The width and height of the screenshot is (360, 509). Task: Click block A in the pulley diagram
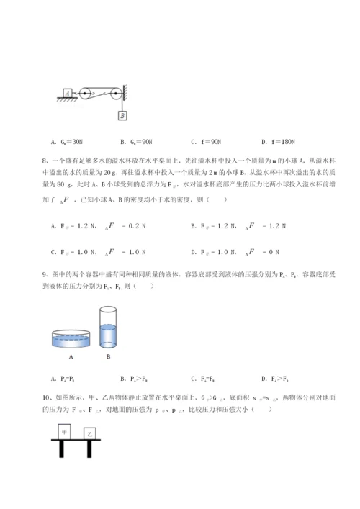pos(67,93)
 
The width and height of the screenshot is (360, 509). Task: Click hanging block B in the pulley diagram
pos(123,114)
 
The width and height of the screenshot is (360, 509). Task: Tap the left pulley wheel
pos(85,92)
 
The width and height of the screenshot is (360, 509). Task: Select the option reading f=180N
pos(275,142)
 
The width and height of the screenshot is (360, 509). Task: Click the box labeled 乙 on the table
pos(90,434)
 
